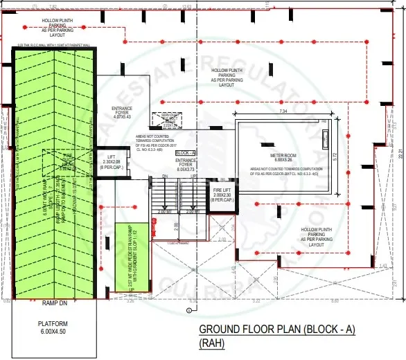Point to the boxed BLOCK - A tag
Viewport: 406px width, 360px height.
pyautogui.click(x=185, y=152)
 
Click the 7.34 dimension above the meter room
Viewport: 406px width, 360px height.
pyautogui.click(x=283, y=111)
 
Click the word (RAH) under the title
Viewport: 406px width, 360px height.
pyautogui.click(x=213, y=342)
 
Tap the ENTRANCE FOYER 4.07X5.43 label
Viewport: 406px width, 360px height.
pyautogui.click(x=126, y=111)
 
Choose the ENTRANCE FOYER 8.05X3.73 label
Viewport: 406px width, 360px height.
pyautogui.click(x=187, y=163)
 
